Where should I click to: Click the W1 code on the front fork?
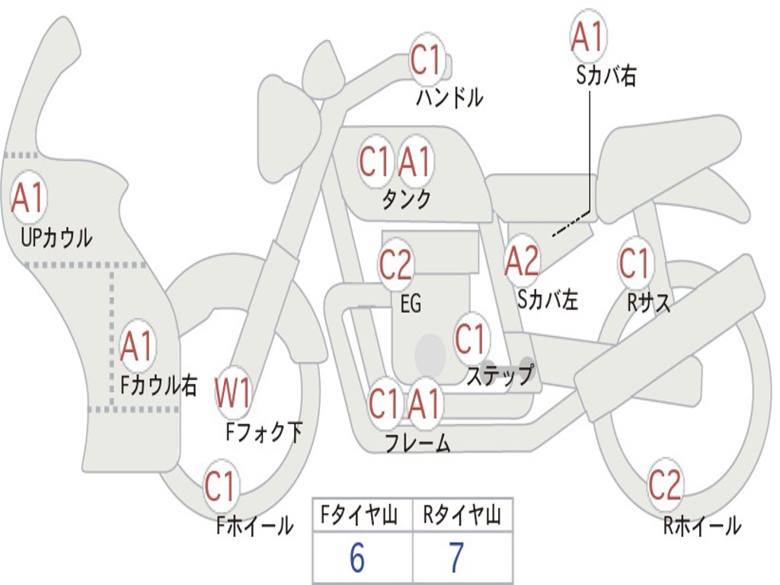pos(232,394)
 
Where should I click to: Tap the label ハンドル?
pos(449,97)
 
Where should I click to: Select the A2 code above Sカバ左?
pos(523,261)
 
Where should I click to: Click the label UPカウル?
pos(56,238)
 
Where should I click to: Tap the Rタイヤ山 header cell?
pos(462,517)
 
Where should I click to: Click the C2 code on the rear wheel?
pos(665,484)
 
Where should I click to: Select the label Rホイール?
pos(702,526)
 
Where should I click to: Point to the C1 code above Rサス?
pos(634,264)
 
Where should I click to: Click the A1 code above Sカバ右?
pos(588,37)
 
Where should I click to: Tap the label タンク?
pos(406,200)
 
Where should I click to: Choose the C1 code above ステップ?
pos(471,339)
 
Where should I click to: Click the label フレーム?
pos(417,443)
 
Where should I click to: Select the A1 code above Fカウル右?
pos(137,347)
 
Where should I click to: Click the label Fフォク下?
pos(264,433)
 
